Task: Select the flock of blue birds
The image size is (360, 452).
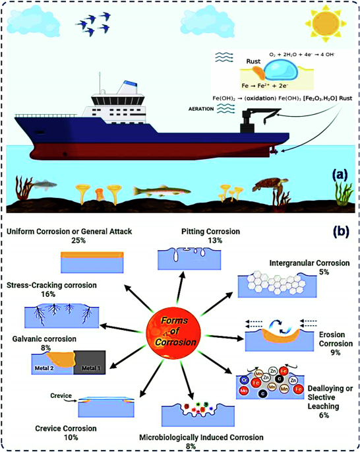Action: pos(94,25)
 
